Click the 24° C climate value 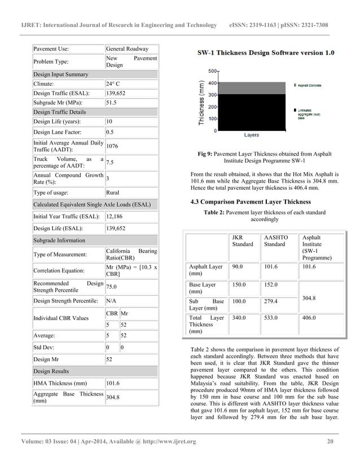(x=113, y=85)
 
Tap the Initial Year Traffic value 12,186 (x=117, y=217)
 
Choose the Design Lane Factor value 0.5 (x=111, y=132)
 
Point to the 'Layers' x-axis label (x=251, y=135)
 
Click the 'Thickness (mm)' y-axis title (x=201, y=103)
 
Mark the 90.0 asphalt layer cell (x=238, y=266)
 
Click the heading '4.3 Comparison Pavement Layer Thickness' (x=251, y=201)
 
